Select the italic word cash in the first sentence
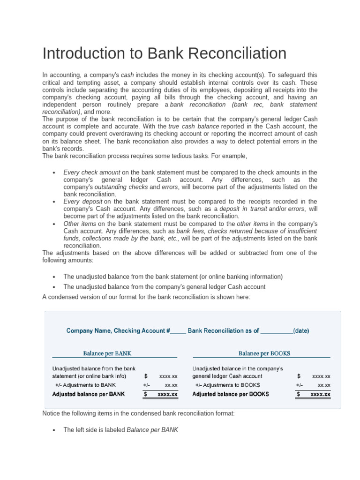(127, 75)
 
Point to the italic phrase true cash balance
(194, 127)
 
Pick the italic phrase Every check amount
(92, 172)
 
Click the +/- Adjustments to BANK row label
(85, 385)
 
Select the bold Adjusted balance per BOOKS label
(231, 394)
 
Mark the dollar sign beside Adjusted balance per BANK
(145, 394)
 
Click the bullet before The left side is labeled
(55, 430)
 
